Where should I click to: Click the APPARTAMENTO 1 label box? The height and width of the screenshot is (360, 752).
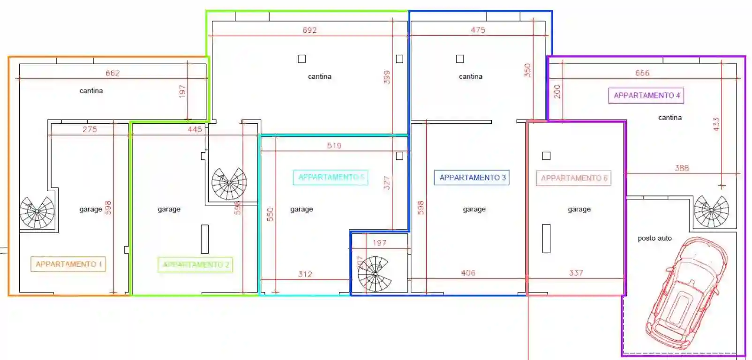(68, 264)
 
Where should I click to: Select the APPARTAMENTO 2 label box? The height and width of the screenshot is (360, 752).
(195, 265)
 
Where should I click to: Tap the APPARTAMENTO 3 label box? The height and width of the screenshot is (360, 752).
(472, 178)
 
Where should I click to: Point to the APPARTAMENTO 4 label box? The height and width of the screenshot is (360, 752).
(646, 95)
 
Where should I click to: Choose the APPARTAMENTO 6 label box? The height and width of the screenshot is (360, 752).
(573, 178)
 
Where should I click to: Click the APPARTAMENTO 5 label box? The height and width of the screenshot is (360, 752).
(331, 177)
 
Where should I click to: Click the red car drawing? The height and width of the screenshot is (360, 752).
(686, 292)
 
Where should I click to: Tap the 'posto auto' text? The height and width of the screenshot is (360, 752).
(654, 238)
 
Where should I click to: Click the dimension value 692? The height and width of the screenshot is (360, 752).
(309, 30)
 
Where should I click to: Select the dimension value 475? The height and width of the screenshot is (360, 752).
(478, 30)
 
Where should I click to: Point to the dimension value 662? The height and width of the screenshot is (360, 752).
(113, 73)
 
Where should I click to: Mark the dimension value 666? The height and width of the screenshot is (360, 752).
(642, 73)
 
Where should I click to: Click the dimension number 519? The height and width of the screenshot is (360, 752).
(334, 145)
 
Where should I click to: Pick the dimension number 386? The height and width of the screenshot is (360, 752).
(682, 168)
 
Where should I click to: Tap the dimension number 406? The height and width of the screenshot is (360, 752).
(468, 272)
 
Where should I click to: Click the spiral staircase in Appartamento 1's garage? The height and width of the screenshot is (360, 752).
(37, 212)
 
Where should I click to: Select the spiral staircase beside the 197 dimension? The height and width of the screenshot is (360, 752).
(375, 274)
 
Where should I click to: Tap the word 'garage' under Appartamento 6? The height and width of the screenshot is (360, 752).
(579, 209)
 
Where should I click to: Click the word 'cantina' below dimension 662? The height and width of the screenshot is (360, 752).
(91, 90)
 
